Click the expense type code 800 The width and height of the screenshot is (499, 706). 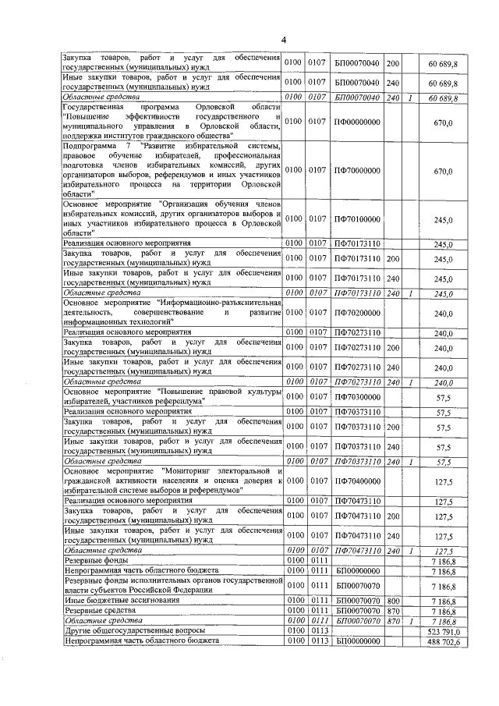393,600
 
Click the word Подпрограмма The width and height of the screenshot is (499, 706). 92,146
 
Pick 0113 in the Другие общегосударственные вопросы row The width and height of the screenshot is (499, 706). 316,630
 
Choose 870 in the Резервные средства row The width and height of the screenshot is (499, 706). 393,610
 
